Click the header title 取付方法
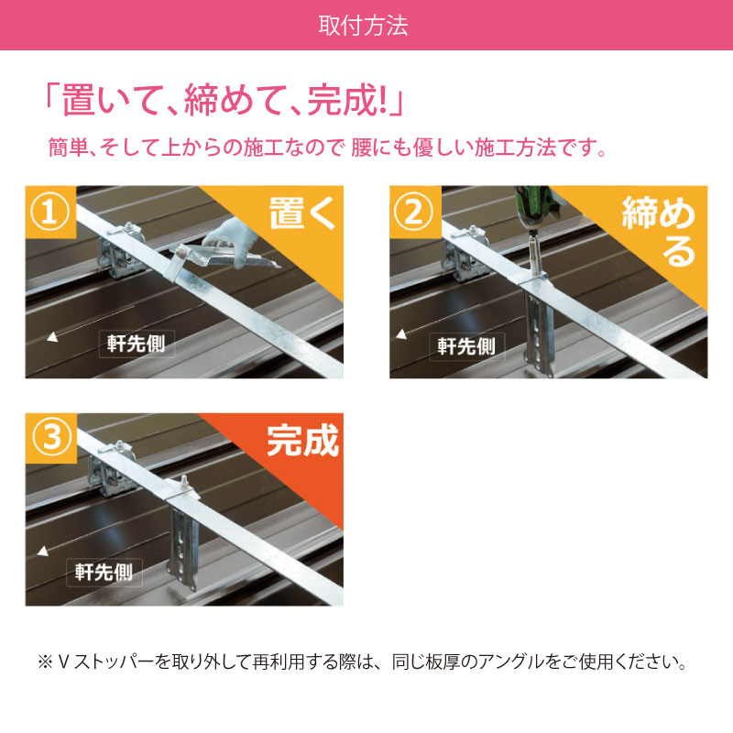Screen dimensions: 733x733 click(x=363, y=26)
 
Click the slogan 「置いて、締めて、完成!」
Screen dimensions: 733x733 click(x=224, y=99)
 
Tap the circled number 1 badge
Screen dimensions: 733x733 click(x=50, y=212)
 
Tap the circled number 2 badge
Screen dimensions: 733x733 click(x=414, y=212)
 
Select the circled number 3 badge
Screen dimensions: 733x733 click(x=51, y=438)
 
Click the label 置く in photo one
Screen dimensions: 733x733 click(x=302, y=213)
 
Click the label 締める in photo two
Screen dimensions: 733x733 click(x=658, y=232)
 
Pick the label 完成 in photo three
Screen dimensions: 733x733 click(x=303, y=441)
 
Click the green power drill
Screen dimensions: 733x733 click(x=538, y=208)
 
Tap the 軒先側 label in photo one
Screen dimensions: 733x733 click(x=137, y=344)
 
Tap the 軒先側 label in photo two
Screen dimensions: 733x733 click(x=467, y=346)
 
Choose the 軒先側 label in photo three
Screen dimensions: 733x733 click(x=104, y=572)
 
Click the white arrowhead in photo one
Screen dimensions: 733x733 click(x=53, y=336)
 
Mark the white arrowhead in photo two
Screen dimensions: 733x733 click(x=401, y=334)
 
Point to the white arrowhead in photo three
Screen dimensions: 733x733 click(x=43, y=552)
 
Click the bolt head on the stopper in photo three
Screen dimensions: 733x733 click(x=185, y=482)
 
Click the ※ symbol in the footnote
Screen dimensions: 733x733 click(x=45, y=662)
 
